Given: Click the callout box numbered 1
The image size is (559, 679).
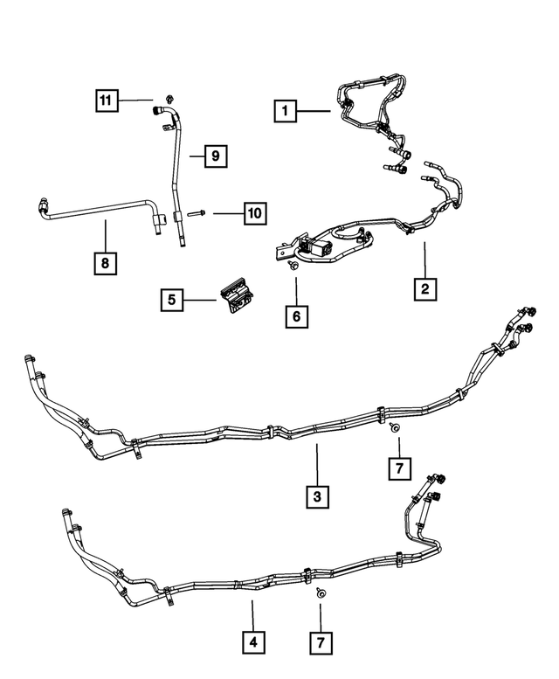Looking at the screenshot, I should tap(283, 111).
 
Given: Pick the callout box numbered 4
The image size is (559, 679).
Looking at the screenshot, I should tap(253, 643).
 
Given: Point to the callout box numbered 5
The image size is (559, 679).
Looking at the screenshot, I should tap(171, 300).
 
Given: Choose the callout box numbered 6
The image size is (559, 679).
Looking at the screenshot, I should tap(296, 315).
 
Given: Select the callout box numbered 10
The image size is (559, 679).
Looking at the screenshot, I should tap(254, 212).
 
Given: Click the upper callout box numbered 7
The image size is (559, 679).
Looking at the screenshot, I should tap(397, 468).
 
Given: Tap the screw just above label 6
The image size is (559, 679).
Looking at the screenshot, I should tap(294, 262).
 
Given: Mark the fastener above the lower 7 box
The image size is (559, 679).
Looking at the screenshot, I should tap(320, 593).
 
